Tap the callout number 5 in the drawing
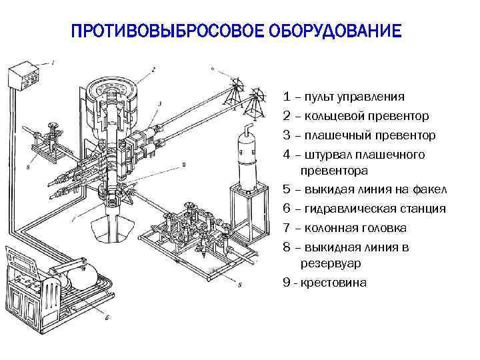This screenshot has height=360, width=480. tap(239, 285)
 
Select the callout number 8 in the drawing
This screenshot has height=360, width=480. tap(28, 168)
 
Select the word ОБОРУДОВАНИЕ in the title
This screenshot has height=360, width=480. tap(336, 31)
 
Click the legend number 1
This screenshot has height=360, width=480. tap(286, 97)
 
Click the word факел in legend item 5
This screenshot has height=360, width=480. tap(431, 189)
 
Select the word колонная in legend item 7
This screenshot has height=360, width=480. tap(329, 228)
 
